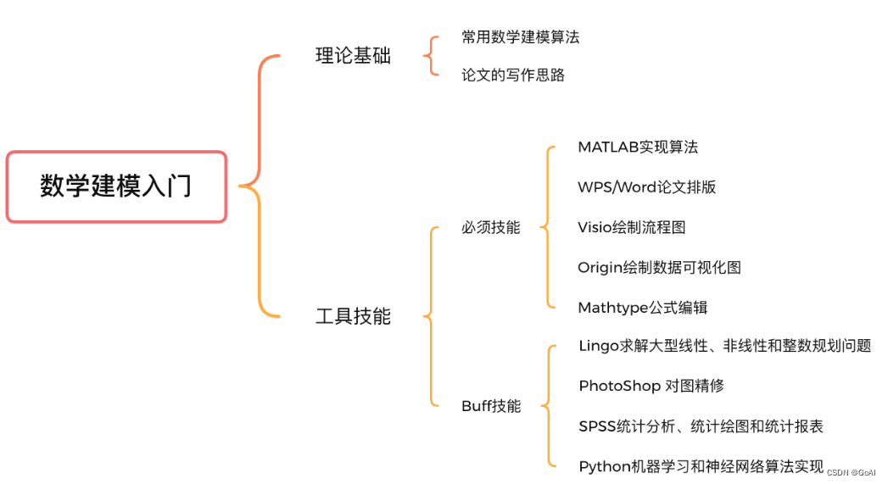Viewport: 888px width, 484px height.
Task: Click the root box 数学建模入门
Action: coord(116,186)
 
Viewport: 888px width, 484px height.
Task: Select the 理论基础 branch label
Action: coord(353,57)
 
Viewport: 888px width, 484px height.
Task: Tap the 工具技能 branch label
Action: coord(353,316)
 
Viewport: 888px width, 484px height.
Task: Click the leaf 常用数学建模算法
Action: coord(520,37)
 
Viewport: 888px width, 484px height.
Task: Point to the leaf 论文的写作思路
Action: coord(512,75)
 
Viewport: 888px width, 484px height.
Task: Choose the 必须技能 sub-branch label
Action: coord(490,227)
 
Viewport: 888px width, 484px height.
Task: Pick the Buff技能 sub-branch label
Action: coord(490,406)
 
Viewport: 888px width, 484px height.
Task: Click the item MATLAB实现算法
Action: coord(638,147)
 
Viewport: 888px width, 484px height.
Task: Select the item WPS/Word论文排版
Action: coord(646,187)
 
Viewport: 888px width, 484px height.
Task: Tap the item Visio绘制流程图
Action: coord(631,227)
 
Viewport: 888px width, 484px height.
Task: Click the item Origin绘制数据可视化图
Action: coord(659,268)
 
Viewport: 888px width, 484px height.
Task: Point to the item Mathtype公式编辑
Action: coord(642,308)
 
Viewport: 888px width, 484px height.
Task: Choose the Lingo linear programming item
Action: coord(724,346)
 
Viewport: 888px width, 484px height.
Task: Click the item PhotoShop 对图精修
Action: coord(651,386)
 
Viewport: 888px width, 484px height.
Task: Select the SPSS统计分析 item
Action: coord(701,426)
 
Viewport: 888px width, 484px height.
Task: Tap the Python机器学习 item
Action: coord(701,466)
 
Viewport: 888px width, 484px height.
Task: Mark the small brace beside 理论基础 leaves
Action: coord(433,56)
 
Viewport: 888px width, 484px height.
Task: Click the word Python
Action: coord(604,466)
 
